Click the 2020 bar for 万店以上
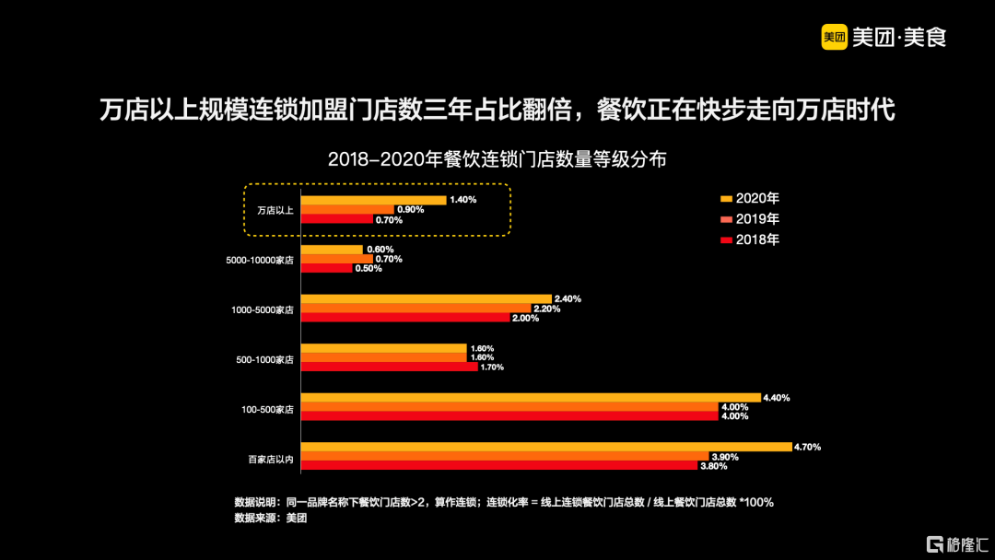click(373, 200)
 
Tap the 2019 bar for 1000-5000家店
click(416, 309)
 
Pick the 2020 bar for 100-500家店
click(531, 397)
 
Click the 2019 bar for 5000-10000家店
click(337, 259)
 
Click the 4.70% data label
click(808, 447)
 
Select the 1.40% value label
click(463, 200)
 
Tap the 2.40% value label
click(568, 298)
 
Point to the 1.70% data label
click(492, 367)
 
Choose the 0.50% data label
click(369, 269)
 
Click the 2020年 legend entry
click(750, 198)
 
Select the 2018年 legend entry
click(750, 239)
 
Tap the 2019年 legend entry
click(750, 219)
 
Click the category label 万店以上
click(275, 211)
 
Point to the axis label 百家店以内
click(270, 458)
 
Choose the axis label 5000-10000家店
click(260, 261)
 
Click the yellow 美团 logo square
click(834, 37)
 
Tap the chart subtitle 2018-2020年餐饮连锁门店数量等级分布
click(497, 158)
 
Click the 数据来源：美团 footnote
click(271, 519)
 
